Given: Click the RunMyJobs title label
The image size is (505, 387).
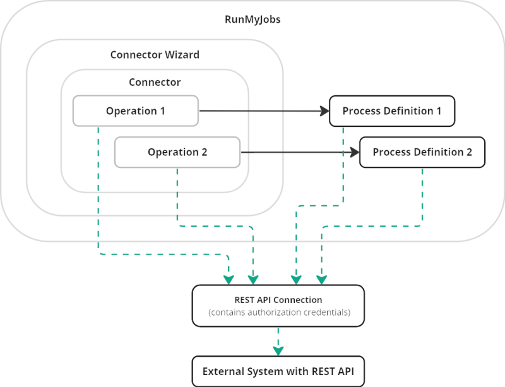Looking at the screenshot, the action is (x=252, y=20).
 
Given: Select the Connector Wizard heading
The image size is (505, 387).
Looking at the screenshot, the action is (x=155, y=55).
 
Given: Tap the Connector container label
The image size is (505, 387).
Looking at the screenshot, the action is (x=155, y=82).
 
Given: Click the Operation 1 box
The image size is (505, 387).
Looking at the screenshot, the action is (x=136, y=111).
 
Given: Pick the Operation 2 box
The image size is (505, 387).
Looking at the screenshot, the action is (x=177, y=152).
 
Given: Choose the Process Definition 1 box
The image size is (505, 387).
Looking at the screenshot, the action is (x=392, y=111).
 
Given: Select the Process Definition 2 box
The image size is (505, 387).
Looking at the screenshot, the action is (x=422, y=152).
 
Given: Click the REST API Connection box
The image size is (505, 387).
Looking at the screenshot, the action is (x=278, y=306).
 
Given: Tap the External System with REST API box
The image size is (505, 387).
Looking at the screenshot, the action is (x=278, y=371).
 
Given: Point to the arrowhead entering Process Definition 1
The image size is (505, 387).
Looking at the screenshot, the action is (x=324, y=111).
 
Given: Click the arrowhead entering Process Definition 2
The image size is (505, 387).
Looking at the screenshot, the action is (x=355, y=152).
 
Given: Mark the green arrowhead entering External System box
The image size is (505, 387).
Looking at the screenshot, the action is (x=278, y=351).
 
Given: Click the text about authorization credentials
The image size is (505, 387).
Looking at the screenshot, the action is (x=279, y=313).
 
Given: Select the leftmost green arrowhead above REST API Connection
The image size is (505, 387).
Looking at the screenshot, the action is (x=229, y=280).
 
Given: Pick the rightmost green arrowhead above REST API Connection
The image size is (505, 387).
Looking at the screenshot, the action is (x=322, y=280).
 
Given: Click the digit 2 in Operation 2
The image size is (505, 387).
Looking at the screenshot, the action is (x=204, y=152).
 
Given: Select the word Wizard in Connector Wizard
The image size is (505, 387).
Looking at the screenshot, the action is (x=182, y=55).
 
